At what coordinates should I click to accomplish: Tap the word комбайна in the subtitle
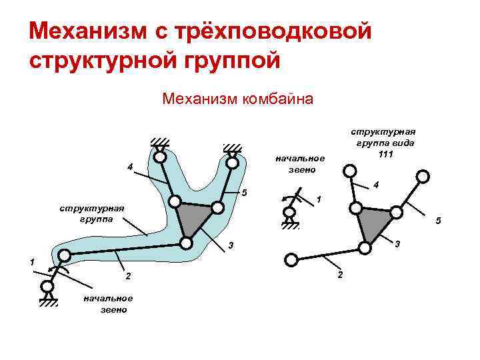[281, 100]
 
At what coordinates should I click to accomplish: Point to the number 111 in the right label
[385, 155]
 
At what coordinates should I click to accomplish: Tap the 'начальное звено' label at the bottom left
[108, 303]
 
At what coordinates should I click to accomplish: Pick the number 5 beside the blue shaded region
[245, 194]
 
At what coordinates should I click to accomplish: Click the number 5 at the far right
[437, 221]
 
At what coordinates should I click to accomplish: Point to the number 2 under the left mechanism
[129, 276]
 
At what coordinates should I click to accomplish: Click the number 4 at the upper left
[130, 166]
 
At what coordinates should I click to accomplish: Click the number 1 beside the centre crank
[319, 200]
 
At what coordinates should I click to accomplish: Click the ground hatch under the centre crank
[289, 226]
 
